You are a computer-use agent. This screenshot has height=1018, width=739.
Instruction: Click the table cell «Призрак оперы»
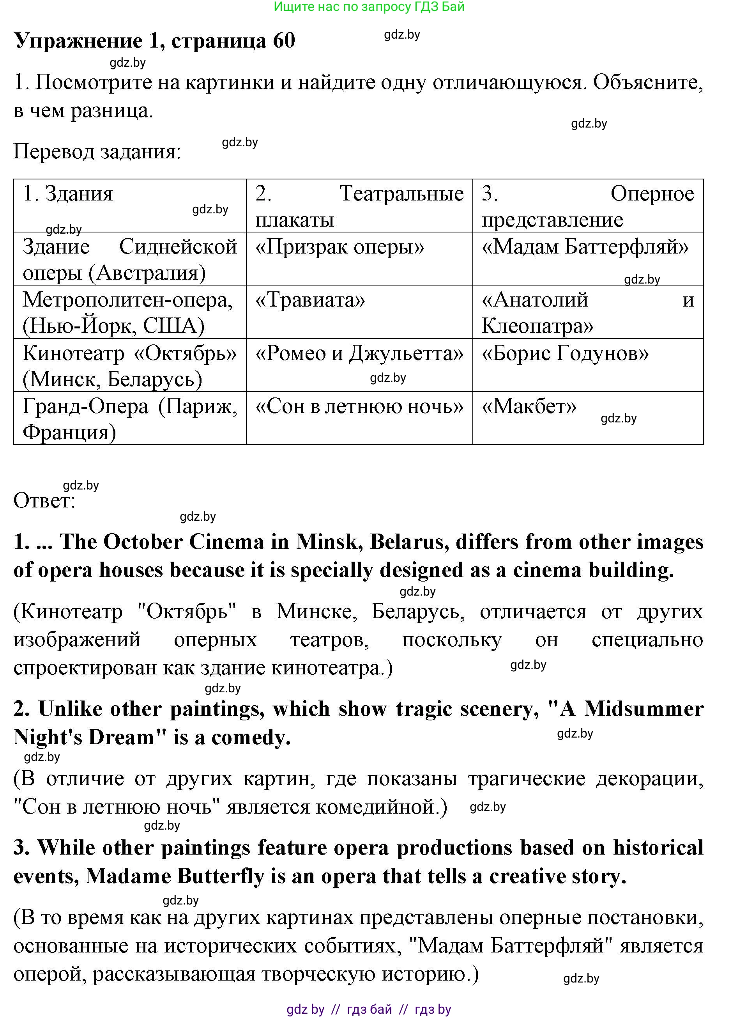click(339, 247)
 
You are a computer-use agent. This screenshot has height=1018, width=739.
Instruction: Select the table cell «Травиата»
click(310, 300)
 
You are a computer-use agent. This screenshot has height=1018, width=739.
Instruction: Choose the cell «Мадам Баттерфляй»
click(585, 247)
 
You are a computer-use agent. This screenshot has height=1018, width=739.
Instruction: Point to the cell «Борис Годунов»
click(565, 354)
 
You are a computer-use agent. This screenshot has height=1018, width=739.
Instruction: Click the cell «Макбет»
click(529, 407)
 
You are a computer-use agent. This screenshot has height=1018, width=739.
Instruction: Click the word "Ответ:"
click(44, 500)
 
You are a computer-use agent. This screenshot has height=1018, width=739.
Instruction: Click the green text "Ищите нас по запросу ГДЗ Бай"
click(369, 7)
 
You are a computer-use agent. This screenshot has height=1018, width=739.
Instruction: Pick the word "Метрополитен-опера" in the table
click(128, 300)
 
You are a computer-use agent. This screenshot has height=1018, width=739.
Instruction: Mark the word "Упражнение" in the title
click(78, 41)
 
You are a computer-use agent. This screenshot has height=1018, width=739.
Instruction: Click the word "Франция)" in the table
click(69, 433)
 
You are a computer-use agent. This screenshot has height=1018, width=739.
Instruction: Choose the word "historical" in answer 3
click(658, 848)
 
